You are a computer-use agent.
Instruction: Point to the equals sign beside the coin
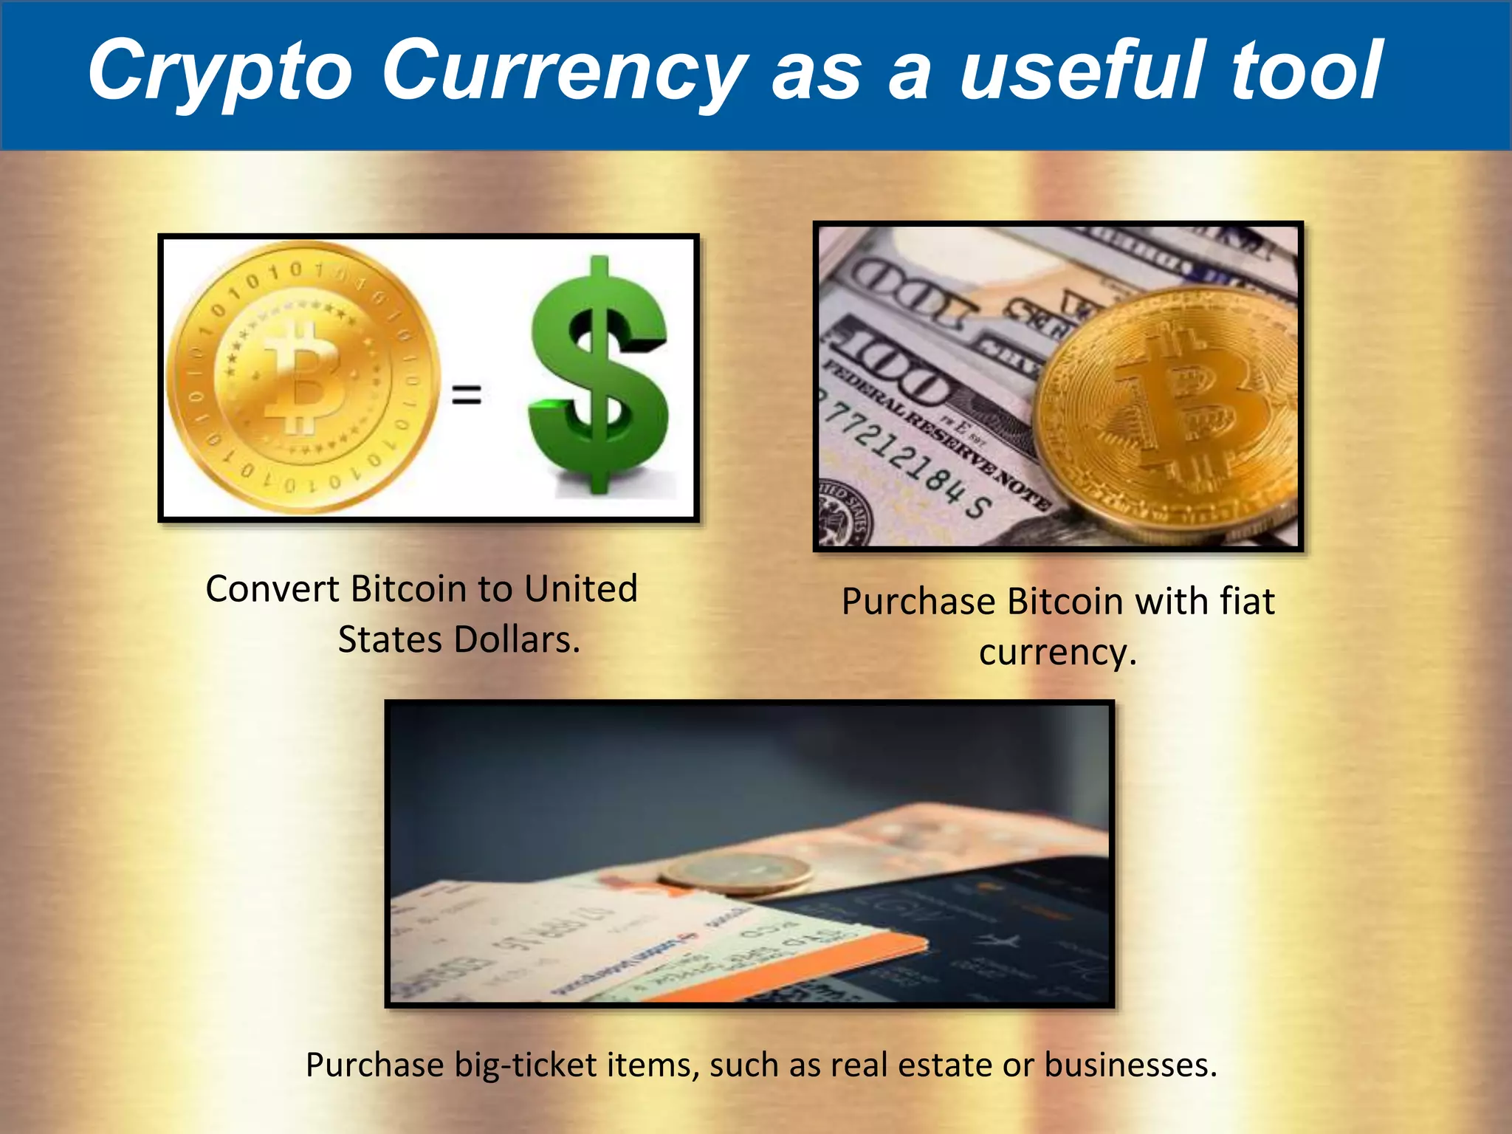point(467,394)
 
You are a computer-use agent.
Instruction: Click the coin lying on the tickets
point(735,871)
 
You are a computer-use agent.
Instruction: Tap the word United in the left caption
point(581,589)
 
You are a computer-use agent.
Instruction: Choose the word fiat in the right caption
point(1247,601)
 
